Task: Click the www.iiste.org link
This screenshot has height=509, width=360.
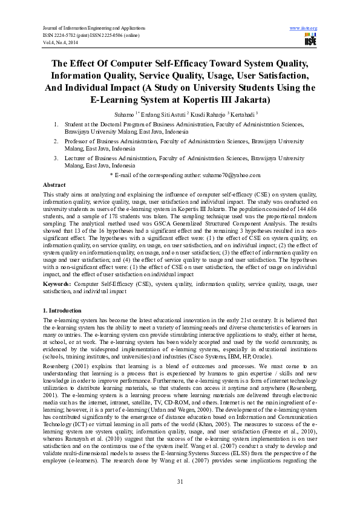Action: (x=304, y=28)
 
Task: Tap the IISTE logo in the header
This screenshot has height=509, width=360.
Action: (x=310, y=40)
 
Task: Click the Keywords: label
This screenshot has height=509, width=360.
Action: (x=57, y=283)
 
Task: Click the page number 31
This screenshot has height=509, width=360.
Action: (x=180, y=481)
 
